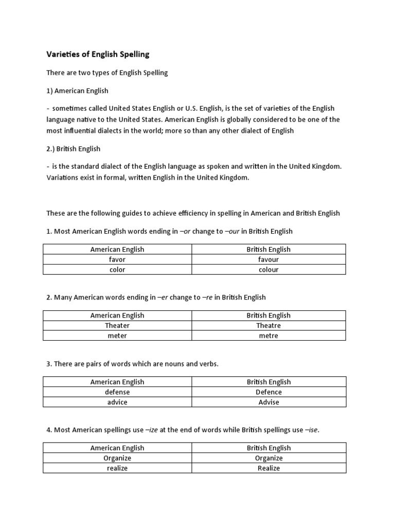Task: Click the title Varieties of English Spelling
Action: tap(98, 54)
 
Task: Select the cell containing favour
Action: tap(268, 259)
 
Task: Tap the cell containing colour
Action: tap(268, 270)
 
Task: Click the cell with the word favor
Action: tap(117, 259)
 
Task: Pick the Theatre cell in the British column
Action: tap(268, 326)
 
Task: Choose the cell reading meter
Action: tap(117, 336)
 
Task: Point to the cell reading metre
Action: tap(268, 336)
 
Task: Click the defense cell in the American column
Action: tap(117, 392)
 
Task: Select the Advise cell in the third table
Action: tap(268, 402)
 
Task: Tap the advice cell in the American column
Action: tap(117, 402)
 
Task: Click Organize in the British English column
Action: tap(268, 458)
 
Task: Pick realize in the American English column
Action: tap(117, 468)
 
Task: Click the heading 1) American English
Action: tap(77, 91)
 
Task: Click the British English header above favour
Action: tap(268, 250)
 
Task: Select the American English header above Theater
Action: tap(117, 315)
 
